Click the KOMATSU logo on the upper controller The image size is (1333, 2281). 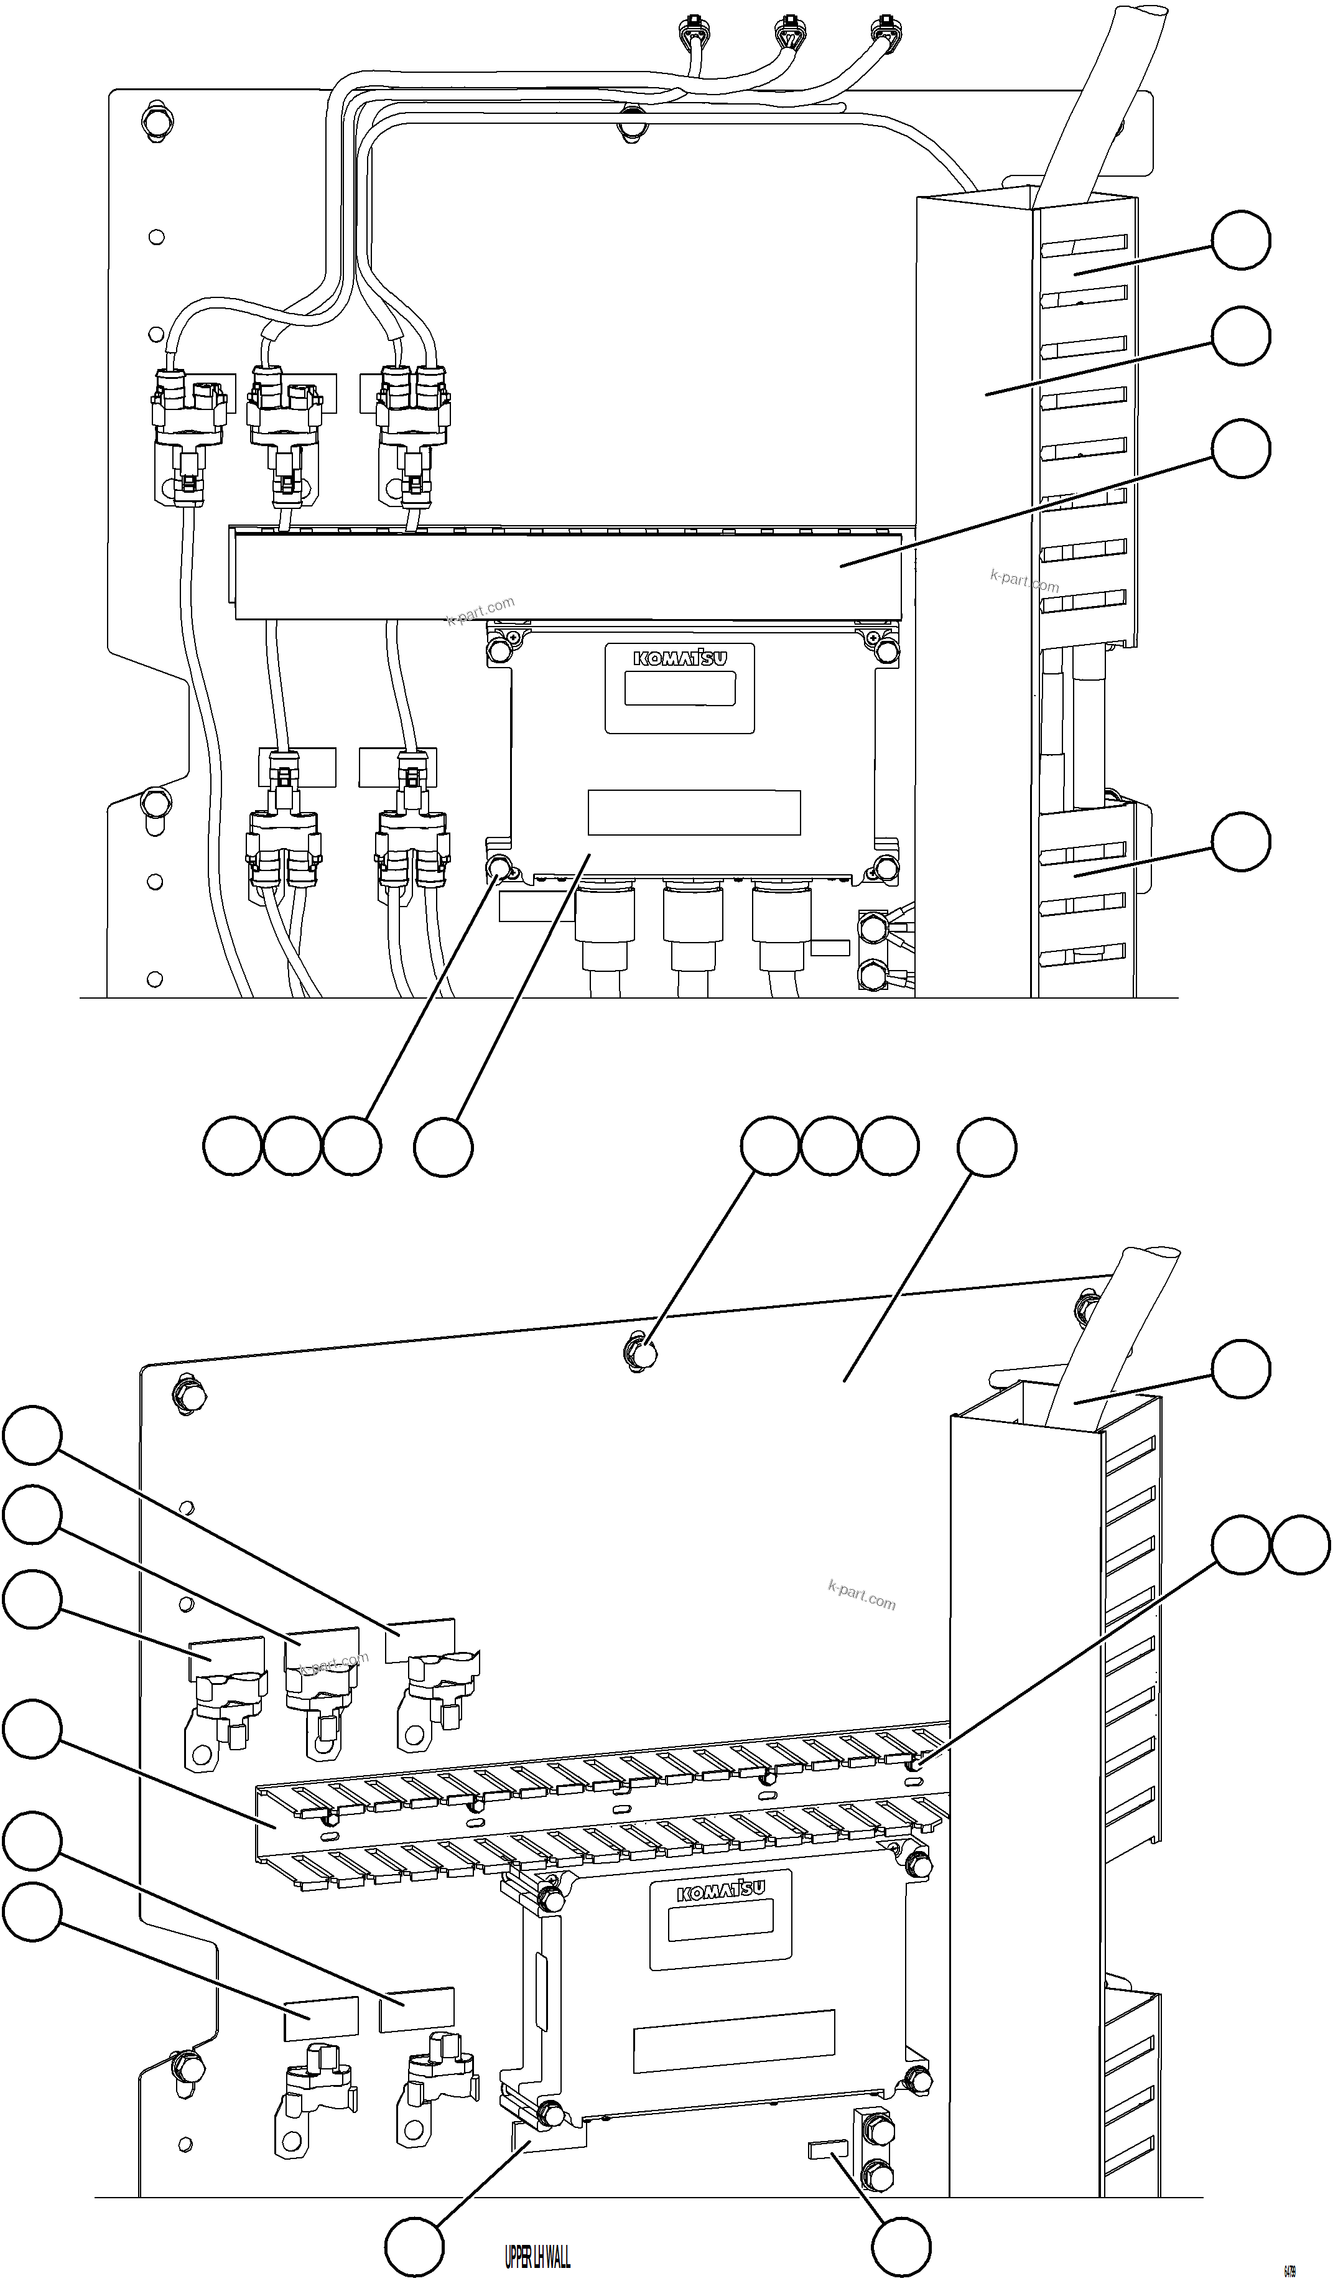click(x=680, y=658)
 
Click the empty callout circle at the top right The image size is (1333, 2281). click(x=1241, y=240)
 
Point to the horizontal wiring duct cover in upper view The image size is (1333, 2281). click(x=567, y=576)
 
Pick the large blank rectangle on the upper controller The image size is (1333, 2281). click(x=694, y=812)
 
